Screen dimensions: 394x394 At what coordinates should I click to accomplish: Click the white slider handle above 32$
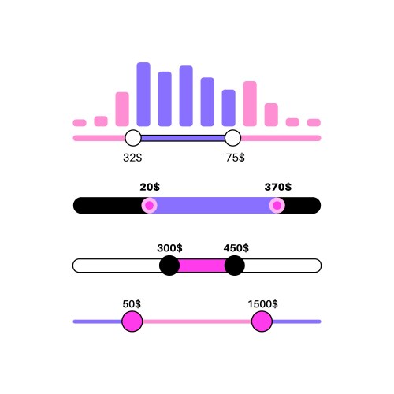click(133, 138)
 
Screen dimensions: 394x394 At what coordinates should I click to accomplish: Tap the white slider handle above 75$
click(232, 138)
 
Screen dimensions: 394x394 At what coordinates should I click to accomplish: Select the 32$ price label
click(132, 158)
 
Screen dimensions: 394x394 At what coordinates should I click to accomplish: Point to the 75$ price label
click(236, 158)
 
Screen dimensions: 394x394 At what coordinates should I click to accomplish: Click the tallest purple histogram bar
click(143, 95)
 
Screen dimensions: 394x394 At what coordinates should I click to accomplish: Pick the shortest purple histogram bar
click(229, 108)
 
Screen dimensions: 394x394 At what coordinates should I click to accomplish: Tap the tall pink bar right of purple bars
click(250, 104)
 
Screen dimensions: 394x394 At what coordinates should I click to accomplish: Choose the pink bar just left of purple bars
click(122, 109)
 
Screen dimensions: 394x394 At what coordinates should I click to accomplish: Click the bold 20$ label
click(150, 187)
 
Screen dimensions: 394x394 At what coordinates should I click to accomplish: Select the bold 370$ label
click(278, 187)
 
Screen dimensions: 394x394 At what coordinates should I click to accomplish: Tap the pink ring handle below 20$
click(150, 205)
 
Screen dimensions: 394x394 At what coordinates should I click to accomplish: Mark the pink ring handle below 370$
click(277, 205)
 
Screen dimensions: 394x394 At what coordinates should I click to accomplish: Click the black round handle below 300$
click(169, 266)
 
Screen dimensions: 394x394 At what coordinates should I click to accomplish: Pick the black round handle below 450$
click(235, 266)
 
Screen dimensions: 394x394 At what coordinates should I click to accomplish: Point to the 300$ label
click(169, 248)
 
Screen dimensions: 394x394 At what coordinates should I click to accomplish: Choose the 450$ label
click(236, 248)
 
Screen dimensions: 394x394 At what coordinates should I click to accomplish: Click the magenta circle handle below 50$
click(132, 322)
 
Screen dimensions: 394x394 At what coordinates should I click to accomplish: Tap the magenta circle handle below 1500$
click(262, 322)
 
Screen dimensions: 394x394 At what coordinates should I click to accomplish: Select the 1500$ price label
click(263, 304)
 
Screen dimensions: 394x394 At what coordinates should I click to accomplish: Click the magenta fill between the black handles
click(202, 266)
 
